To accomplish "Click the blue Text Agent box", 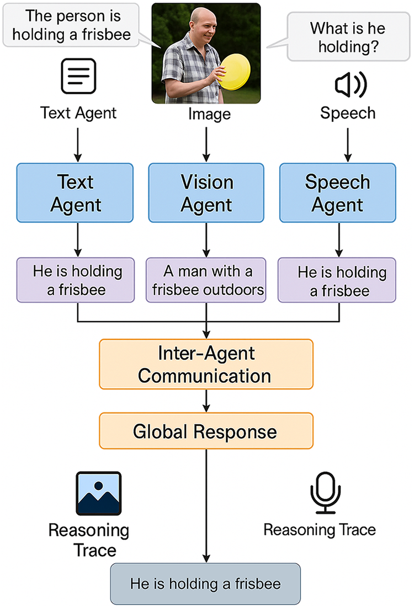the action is coord(75,193).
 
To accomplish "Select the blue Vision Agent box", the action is coord(206,193).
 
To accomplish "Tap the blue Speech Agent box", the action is coord(338,193).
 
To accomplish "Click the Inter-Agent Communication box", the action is coord(206,364).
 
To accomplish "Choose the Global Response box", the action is coord(206,431).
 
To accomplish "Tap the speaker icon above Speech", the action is coord(351,84).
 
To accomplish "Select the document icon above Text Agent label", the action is coord(78,76).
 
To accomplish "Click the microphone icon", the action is coord(326,493).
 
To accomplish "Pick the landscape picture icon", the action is coord(99,493).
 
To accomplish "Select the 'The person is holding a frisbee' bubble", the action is coord(71,25).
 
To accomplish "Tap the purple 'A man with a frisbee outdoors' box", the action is coord(206,280).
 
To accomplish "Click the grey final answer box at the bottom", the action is coord(205,584).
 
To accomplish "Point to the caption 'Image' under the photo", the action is coord(210,114).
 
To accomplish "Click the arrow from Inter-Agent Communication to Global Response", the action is coord(206,401).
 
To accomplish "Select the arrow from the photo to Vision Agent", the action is coord(206,145).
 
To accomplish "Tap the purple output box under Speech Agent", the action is coord(337,280).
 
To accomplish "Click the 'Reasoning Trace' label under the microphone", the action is coord(320,530).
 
